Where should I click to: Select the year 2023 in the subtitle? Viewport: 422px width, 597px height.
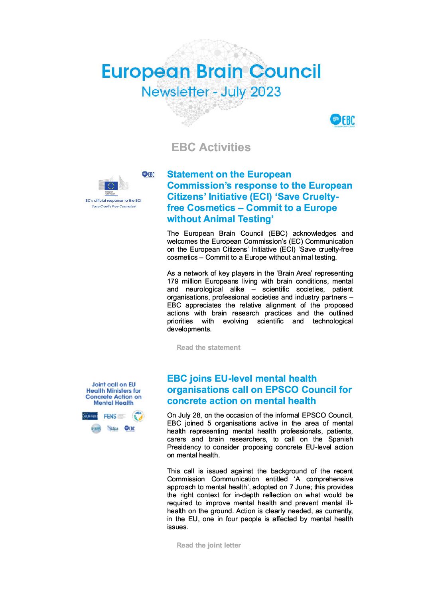pos(266,92)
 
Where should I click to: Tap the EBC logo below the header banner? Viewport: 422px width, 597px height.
pos(342,120)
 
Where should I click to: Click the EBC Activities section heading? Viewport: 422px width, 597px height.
pos(211,147)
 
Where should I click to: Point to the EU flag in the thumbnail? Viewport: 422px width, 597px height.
pos(111,185)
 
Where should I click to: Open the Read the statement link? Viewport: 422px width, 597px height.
pos(209,347)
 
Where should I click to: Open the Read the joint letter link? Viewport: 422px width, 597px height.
pos(209,545)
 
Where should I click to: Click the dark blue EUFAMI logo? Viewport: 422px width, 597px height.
pos(90,416)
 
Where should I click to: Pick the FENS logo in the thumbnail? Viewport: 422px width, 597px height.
pos(110,416)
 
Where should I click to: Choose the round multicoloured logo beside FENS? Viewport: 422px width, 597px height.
pos(138,416)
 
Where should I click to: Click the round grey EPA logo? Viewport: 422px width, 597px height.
pos(96,429)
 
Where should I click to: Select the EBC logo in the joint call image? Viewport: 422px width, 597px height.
pos(130,429)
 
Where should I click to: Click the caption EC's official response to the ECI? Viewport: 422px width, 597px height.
pos(113,201)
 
